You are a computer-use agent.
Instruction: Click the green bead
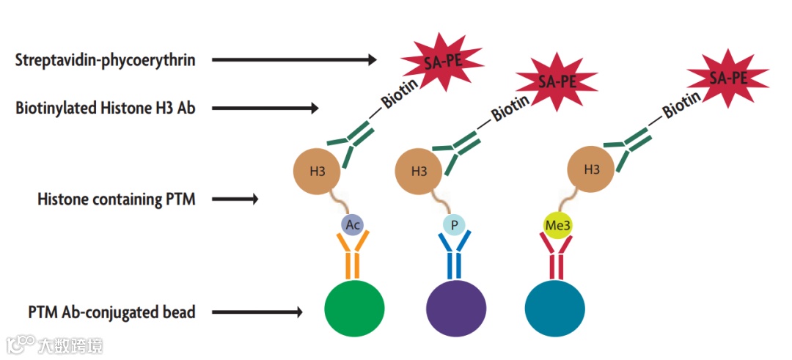(x=354, y=308)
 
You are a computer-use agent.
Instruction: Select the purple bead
(x=455, y=308)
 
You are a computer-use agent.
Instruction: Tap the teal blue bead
(x=555, y=308)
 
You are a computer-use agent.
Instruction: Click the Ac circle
(x=353, y=225)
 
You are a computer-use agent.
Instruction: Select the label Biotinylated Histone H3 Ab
(x=105, y=109)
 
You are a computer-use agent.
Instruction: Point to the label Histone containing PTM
(x=117, y=199)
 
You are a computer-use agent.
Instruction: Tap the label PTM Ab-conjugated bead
(x=112, y=312)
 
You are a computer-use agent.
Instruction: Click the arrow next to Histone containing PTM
(x=245, y=199)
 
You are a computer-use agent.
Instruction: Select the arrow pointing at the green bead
(x=257, y=312)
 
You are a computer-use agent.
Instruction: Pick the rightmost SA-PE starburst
(x=727, y=77)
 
